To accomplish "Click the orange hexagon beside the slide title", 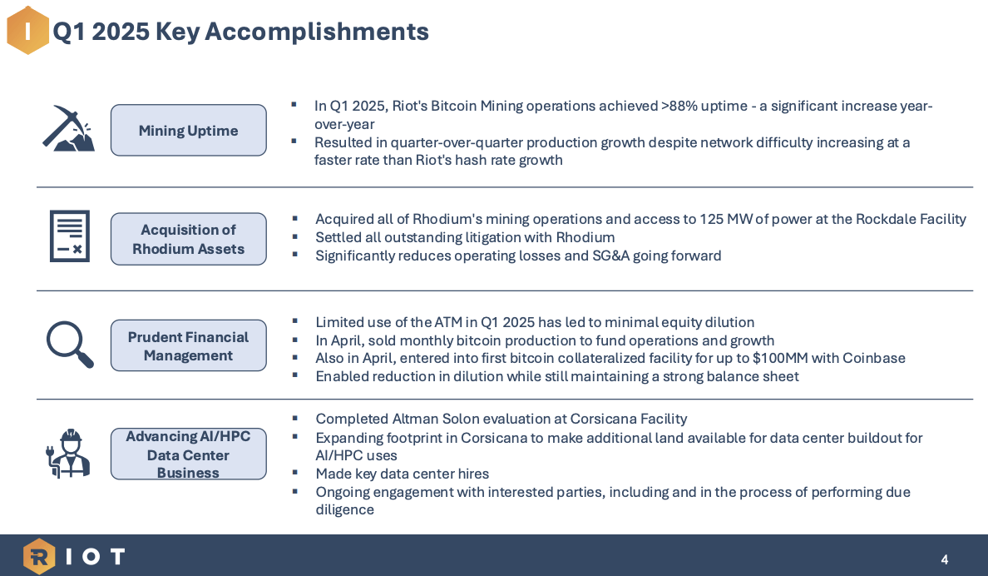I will [x=27, y=31].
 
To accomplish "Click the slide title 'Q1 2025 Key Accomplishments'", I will [x=241, y=32].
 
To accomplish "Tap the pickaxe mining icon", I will [x=68, y=129].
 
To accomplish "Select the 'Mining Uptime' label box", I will [x=188, y=131].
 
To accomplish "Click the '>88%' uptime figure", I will [x=681, y=107].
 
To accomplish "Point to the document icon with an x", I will [x=69, y=236].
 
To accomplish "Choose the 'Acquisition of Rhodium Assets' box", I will [x=188, y=239].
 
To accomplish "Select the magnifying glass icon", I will [x=69, y=344].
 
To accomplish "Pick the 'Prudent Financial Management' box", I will [x=188, y=345].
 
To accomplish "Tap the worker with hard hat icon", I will [x=68, y=454].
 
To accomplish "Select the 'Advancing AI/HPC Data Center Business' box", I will [x=188, y=454].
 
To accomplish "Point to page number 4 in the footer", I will [x=944, y=559].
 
